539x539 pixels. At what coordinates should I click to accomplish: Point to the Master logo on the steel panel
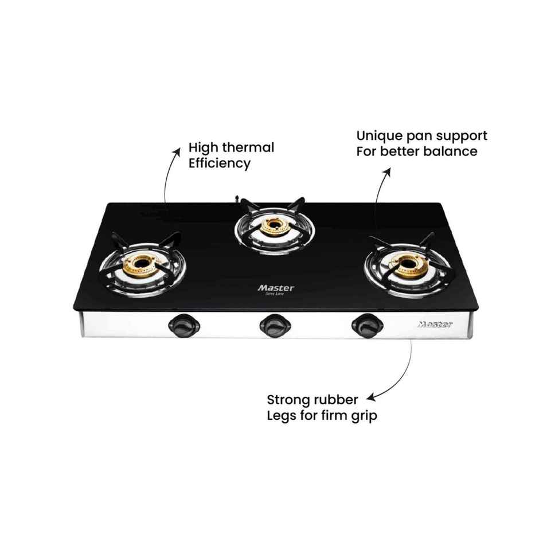[435, 325]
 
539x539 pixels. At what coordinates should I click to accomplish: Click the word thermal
[248, 147]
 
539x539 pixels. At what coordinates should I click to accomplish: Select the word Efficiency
[220, 163]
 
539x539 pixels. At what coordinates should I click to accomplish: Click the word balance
[450, 152]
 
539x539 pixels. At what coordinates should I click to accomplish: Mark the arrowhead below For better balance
[388, 171]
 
